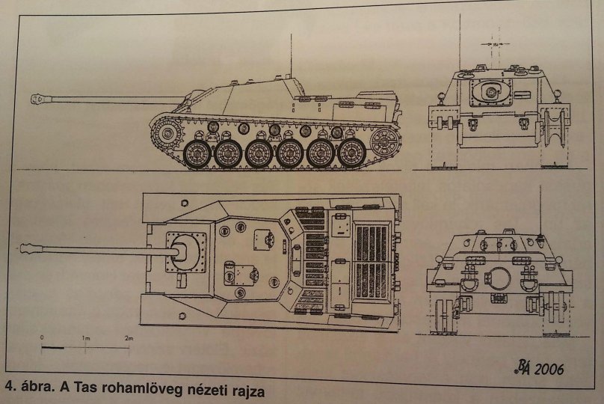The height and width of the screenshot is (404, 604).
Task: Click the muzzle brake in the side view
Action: pos(38,99)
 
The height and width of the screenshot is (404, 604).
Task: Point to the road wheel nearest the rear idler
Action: pos(351,153)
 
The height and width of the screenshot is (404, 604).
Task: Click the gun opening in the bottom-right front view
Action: pos(499,278)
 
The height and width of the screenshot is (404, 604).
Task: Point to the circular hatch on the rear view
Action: pos(490,92)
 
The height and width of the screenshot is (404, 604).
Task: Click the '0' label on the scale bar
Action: pos(43,338)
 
